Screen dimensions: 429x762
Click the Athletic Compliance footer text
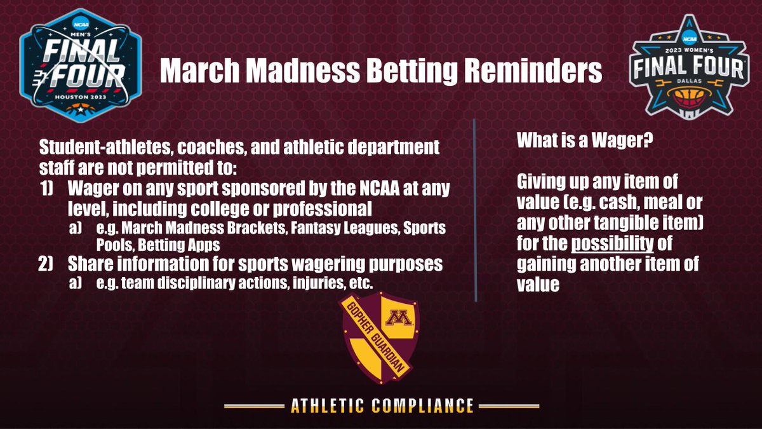[x=382, y=405]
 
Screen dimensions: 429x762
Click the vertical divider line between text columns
[x=475, y=210]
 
